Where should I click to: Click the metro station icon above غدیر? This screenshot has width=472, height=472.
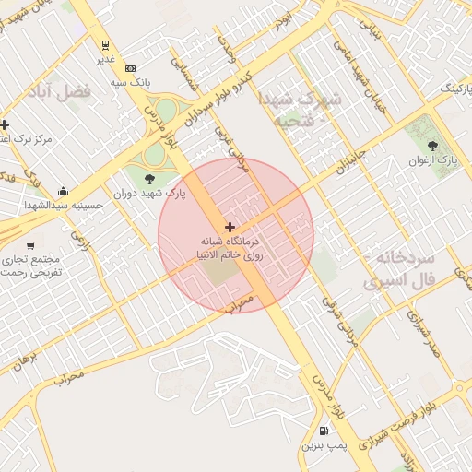[x=107, y=44]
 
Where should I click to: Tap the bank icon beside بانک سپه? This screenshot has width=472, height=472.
[x=130, y=68]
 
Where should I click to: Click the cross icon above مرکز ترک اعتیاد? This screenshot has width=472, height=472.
[x=5, y=124]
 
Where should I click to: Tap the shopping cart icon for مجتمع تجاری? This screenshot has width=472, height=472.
[x=31, y=246]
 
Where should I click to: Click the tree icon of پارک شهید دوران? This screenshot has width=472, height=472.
[x=150, y=178]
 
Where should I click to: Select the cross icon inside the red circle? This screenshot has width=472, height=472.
[x=230, y=227]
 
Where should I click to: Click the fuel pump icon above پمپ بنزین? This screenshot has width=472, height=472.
[x=324, y=431]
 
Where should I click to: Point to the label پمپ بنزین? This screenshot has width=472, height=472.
[x=324, y=446]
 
